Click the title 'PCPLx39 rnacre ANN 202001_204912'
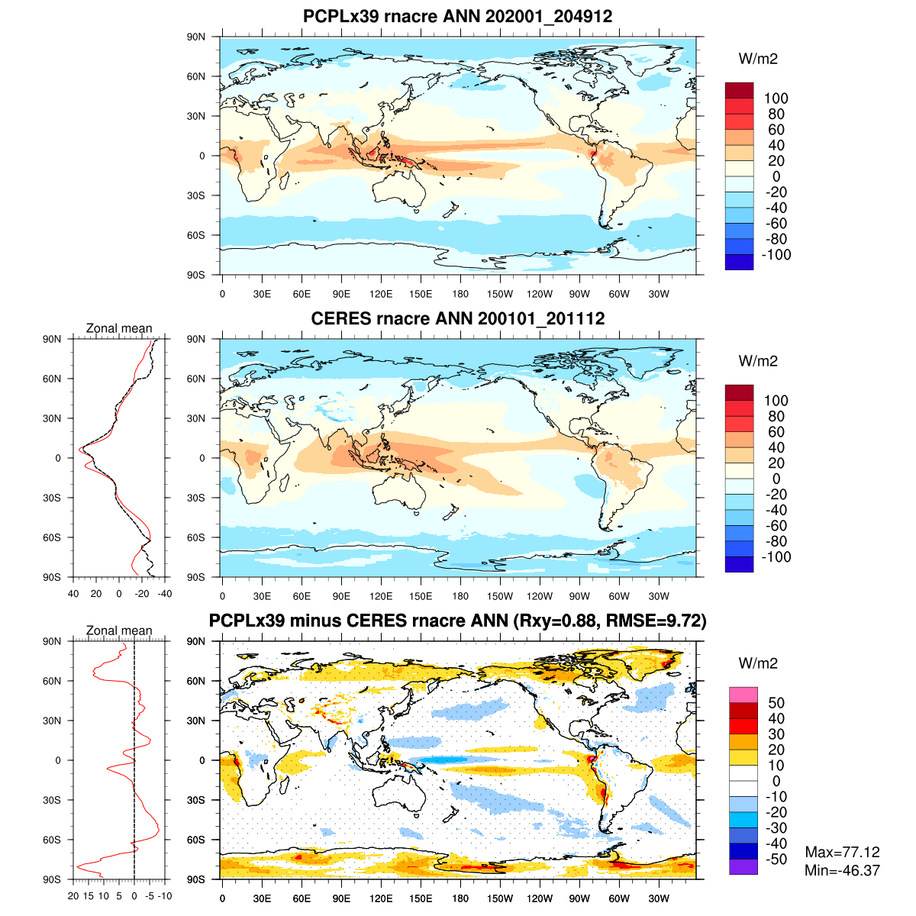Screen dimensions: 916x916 coord(457,16)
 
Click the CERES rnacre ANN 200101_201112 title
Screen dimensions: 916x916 coord(457,318)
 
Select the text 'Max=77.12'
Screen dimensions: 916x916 coord(842,853)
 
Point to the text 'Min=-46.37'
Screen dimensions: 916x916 coord(842,870)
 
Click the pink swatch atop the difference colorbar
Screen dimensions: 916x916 coord(743,695)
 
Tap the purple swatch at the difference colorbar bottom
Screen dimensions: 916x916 coord(743,867)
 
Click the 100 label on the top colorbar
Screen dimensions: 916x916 coord(776,98)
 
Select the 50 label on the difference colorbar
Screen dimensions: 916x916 coord(776,703)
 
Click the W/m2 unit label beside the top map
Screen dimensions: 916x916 coord(757,59)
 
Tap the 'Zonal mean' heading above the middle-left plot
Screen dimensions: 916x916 coord(119,328)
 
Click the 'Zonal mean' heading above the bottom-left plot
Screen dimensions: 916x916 coord(119,631)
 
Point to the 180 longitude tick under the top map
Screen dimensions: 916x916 coord(460,294)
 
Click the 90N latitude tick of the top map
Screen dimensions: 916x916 coord(196,37)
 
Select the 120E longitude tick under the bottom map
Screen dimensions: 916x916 coord(381,898)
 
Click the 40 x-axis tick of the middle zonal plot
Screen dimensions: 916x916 coord(74,593)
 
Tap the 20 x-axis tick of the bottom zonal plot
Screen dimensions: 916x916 coord(73,896)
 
